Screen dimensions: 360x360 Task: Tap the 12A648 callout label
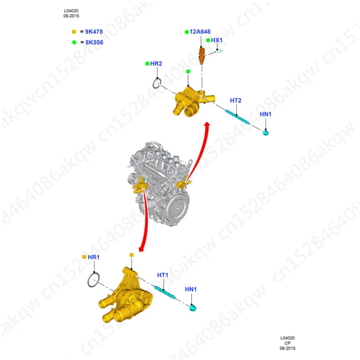click(x=200, y=32)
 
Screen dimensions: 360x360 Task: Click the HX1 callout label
click(x=217, y=40)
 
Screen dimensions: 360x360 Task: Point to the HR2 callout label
click(x=156, y=64)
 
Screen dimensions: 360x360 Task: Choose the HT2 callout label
click(x=236, y=100)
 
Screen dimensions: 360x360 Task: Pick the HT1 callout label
click(x=162, y=275)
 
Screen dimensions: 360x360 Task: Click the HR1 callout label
click(x=94, y=257)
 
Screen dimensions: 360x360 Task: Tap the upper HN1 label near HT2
click(x=265, y=114)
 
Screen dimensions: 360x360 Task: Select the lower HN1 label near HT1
click(x=191, y=289)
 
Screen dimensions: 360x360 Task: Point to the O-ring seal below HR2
click(x=157, y=83)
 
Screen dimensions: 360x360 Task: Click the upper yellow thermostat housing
click(x=189, y=101)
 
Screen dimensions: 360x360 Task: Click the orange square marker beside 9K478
click(x=74, y=32)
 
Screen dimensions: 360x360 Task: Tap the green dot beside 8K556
click(x=74, y=42)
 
